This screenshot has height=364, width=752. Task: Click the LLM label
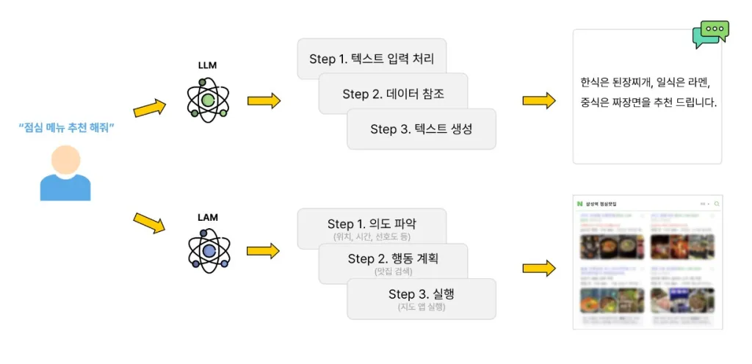[x=208, y=65]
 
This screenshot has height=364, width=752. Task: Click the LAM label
[x=208, y=217]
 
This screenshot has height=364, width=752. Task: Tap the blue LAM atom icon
[x=209, y=251]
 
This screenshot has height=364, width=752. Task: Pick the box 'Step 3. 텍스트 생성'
[x=421, y=129]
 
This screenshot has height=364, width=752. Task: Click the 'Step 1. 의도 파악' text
[x=376, y=224]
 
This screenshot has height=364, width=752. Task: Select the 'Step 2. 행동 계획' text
[x=397, y=258]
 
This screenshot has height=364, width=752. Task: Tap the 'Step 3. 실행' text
[x=421, y=294]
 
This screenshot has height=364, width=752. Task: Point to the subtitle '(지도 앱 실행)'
[x=421, y=307]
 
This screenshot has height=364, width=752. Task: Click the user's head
[x=66, y=159]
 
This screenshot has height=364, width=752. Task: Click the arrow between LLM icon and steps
[x=264, y=101]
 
